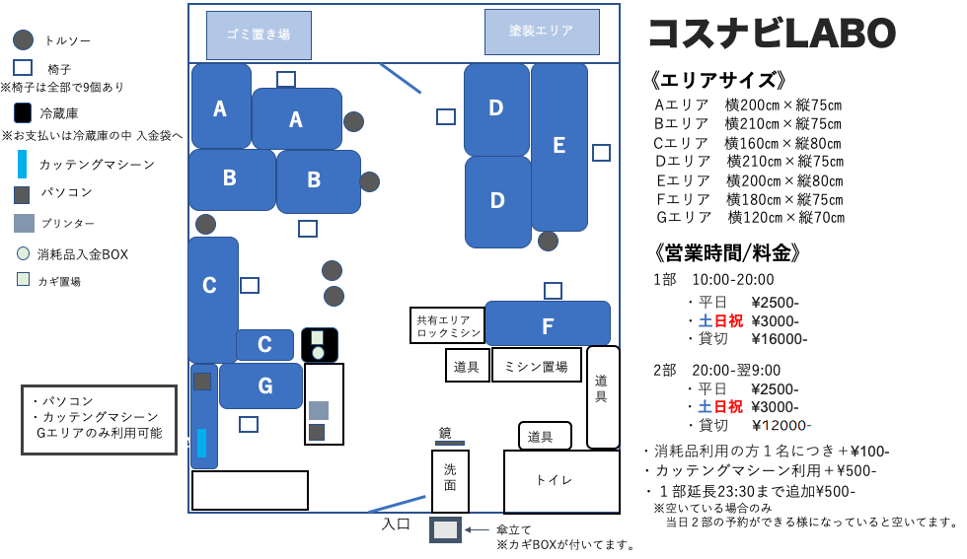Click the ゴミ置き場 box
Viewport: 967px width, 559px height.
point(259,35)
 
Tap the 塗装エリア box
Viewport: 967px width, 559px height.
point(542,32)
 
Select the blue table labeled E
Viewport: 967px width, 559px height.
point(559,147)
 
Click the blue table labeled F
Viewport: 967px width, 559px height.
point(548,323)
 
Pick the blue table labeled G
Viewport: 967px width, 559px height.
point(260,385)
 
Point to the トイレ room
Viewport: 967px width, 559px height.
point(561,481)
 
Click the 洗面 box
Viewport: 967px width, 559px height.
point(450,481)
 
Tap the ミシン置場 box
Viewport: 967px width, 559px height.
point(536,366)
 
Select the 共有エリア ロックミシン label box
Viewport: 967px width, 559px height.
point(448,325)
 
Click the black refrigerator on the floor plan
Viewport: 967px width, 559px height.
point(320,345)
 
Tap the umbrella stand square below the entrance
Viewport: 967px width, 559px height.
point(445,529)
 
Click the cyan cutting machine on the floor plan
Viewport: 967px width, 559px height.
point(201,443)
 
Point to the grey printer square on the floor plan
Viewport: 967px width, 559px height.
point(318,410)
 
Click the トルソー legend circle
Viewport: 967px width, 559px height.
point(23,40)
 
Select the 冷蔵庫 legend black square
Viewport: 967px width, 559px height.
point(22,112)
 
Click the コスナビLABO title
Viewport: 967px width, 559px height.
point(772,34)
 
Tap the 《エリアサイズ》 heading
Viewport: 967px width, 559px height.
point(718,80)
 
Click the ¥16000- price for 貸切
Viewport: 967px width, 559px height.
point(780,339)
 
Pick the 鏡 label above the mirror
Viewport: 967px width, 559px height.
point(445,433)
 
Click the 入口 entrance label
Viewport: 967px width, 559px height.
point(396,524)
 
